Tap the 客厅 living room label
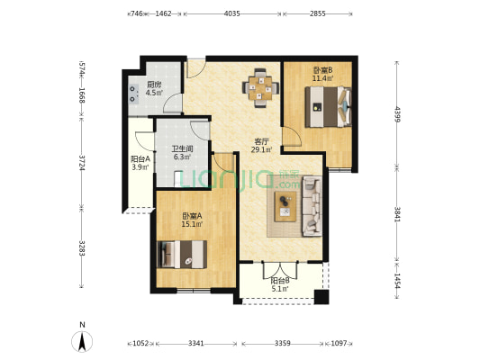(262, 141)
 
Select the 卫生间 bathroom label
(182, 149)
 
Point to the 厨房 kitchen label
(154, 85)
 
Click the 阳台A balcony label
(140, 159)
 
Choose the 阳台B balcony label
(280, 280)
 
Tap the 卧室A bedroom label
(192, 216)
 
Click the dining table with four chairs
(260, 88)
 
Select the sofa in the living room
(312, 206)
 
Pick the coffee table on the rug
(285, 206)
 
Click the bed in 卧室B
(328, 107)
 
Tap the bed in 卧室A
(182, 255)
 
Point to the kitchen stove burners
(133, 94)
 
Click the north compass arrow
(82, 341)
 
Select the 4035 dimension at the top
(232, 13)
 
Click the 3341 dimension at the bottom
(196, 343)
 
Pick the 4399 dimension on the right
(397, 113)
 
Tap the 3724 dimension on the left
(82, 163)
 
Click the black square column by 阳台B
(322, 297)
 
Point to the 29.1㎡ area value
(262, 149)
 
